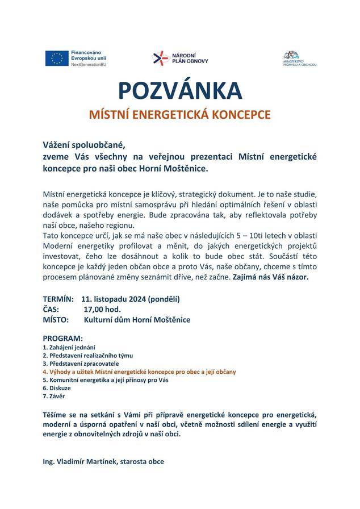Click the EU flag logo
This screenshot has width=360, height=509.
point(57,58)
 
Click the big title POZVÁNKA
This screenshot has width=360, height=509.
point(180,91)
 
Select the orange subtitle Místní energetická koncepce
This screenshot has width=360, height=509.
point(180,114)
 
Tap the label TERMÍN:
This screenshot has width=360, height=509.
point(58,298)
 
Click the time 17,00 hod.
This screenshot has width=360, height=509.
point(102,309)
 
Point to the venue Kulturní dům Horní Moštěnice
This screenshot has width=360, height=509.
point(137,320)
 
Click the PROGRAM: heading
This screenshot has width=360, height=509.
point(62,338)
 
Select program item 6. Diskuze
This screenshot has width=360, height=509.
point(57,387)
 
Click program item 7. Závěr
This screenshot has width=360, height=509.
point(55,396)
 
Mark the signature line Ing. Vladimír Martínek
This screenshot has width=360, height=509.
point(103,462)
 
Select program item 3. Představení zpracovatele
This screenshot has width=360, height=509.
point(81,363)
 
